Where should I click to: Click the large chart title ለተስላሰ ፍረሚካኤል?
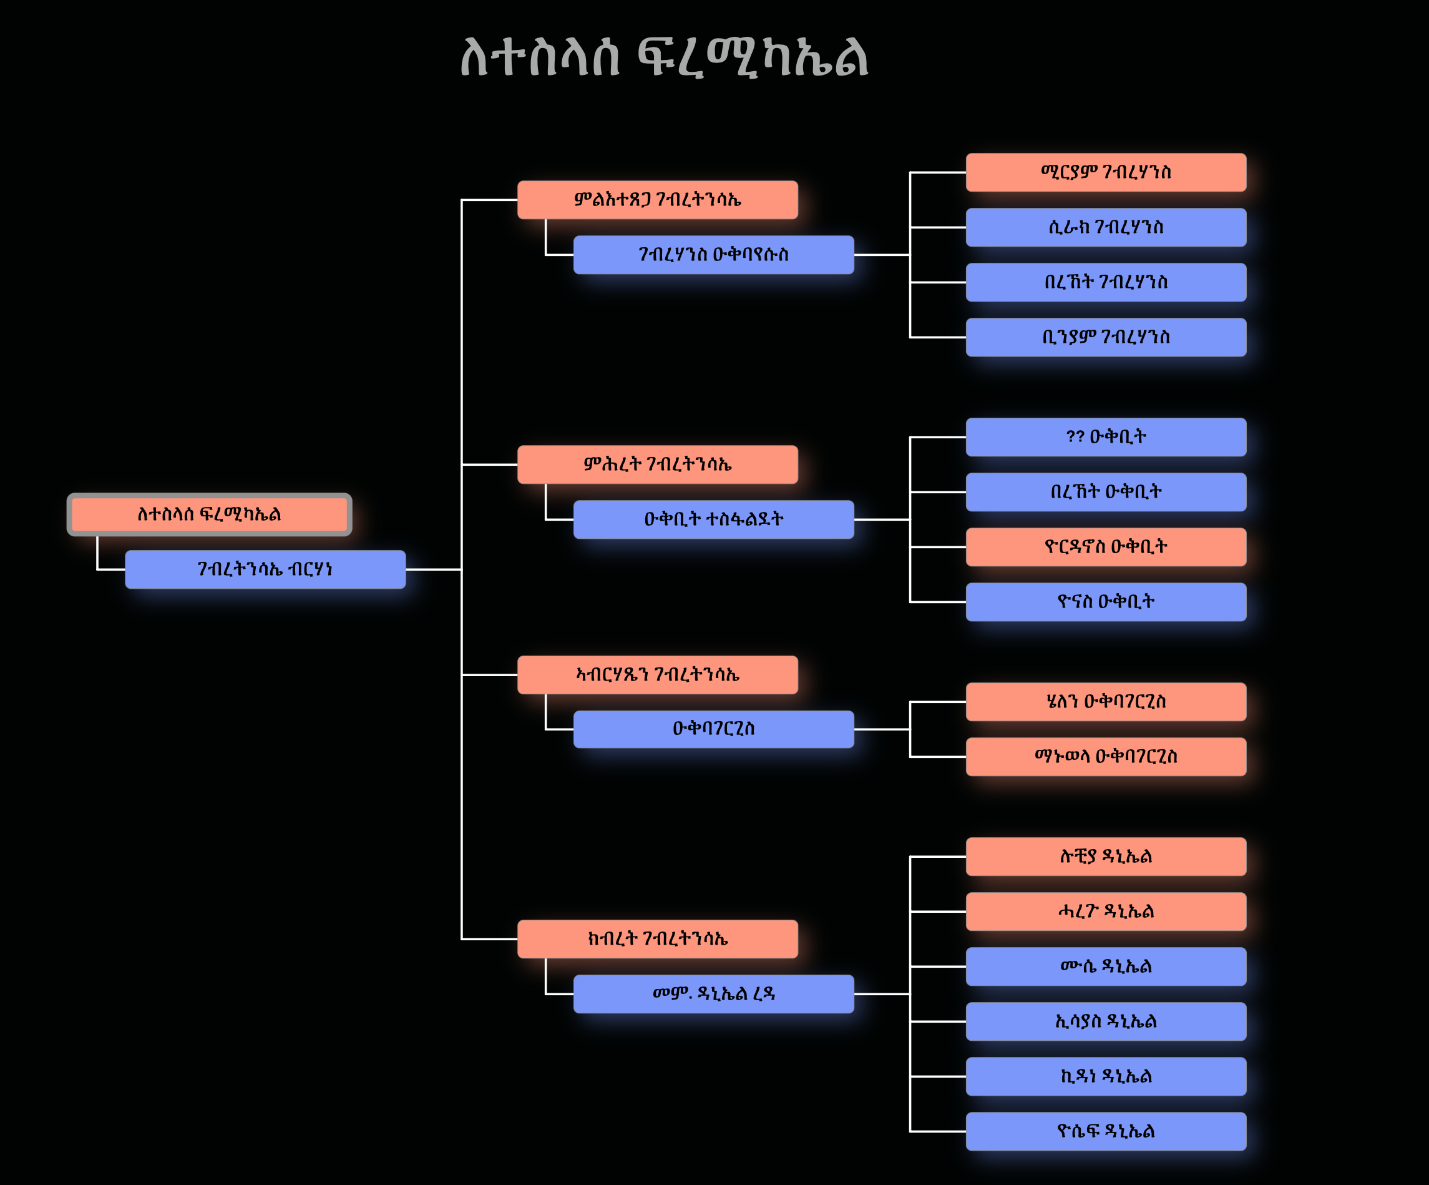coord(664,57)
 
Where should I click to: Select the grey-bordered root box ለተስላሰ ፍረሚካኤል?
coord(209,514)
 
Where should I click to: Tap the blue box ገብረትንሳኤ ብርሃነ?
coord(265,569)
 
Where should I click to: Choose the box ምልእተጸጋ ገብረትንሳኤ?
coord(657,199)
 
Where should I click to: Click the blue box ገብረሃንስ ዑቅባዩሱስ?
coord(713,255)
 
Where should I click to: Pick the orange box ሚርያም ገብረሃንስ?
coord(1106,172)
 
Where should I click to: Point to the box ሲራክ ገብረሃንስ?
coord(1106,227)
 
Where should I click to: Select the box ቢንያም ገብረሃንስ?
coord(1106,337)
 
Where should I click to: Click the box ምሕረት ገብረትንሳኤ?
coord(657,465)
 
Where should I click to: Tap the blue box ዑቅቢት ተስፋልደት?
coord(713,519)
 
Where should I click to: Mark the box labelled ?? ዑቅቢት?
coord(1106,437)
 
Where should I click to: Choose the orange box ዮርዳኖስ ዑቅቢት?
coord(1106,546)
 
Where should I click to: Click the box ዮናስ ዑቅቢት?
coord(1106,602)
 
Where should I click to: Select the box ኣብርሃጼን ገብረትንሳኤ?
coord(657,674)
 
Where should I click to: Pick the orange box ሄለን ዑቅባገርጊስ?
coord(1106,702)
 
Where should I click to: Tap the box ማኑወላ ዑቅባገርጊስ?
coord(1106,756)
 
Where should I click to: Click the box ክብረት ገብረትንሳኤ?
coord(657,938)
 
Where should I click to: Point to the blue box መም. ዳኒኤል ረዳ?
coord(713,994)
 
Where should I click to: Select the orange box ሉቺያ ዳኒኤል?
coord(1106,856)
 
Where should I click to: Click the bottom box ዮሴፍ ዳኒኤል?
coord(1106,1131)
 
